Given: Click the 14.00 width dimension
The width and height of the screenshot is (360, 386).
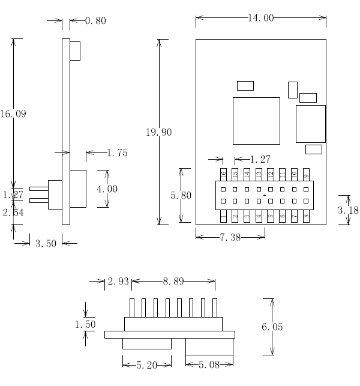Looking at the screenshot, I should tap(260, 18).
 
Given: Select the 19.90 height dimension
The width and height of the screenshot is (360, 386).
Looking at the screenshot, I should tap(159, 132).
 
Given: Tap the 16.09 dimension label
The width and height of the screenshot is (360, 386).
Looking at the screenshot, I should tap(13, 113).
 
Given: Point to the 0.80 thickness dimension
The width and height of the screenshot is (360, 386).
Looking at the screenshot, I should tap(95, 21).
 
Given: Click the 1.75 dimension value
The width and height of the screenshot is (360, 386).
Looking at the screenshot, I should tap(117, 153).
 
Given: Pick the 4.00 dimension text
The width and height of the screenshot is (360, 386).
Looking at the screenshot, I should tap(107, 189).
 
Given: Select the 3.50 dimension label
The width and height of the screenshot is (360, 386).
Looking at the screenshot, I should tap(46, 244).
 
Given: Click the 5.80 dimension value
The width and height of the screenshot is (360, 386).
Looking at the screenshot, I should tap(181, 195).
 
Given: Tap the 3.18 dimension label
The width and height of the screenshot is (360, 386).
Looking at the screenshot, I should tap(349, 210).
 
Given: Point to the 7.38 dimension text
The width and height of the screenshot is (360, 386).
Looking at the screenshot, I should tap(230, 238).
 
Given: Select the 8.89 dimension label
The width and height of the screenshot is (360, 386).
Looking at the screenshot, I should tap(173, 281).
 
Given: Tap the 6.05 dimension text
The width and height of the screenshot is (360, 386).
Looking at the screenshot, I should tap(272, 327).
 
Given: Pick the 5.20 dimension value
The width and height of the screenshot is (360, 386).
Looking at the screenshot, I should tap(146, 364).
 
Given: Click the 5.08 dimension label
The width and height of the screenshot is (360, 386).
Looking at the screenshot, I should tap(209, 364).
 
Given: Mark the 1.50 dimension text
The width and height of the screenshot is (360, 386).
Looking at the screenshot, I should tap(85, 324).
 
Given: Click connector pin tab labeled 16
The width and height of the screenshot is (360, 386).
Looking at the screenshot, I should tap(223, 174).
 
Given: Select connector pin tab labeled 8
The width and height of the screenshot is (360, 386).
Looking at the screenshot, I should tap(307, 216).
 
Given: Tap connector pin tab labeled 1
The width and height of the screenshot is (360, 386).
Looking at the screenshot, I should tap(223, 216).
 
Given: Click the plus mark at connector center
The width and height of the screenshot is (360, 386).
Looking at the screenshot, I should tap(265, 195).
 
